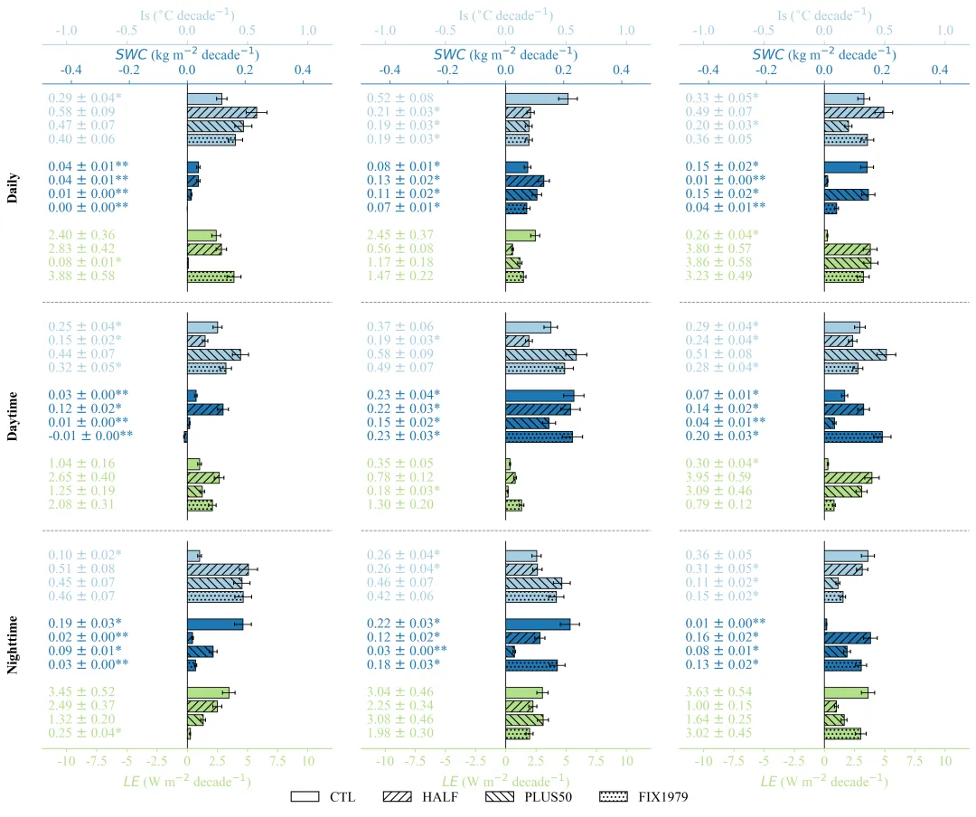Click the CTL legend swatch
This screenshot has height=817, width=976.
(x=305, y=796)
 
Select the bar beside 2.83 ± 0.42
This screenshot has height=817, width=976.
(x=204, y=249)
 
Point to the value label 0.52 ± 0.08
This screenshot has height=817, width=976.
(x=400, y=99)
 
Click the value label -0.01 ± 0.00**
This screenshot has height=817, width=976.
(x=89, y=437)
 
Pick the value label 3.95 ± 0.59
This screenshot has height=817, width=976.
(x=719, y=477)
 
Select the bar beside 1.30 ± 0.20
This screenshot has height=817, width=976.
(x=514, y=504)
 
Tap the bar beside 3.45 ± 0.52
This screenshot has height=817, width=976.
(x=208, y=692)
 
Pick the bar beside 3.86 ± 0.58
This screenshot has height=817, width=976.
(x=848, y=262)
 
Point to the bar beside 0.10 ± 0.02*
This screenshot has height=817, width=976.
(x=193, y=556)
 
